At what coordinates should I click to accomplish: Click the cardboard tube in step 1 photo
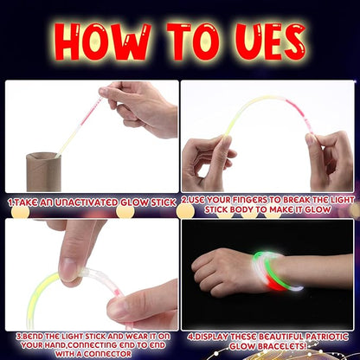43,171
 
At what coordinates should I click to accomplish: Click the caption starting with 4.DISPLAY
269,342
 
